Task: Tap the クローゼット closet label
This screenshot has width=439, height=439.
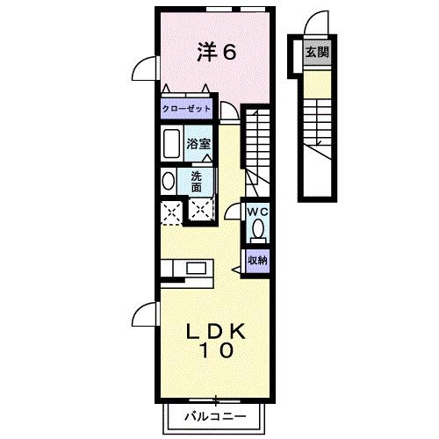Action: pos(186,110)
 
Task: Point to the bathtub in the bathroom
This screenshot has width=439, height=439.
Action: pos(171,143)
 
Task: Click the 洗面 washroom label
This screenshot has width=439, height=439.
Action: pos(198,181)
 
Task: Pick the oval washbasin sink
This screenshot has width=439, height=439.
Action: pos(168,181)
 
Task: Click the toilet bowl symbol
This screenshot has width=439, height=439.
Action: pos(257,231)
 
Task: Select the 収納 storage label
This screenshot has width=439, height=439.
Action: pos(256,260)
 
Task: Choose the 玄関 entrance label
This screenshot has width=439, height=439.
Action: pos(316,52)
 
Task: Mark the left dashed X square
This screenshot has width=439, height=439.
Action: pos(170,211)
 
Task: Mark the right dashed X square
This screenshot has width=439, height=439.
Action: pos(201,211)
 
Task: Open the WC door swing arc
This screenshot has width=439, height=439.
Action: pos(234,211)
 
